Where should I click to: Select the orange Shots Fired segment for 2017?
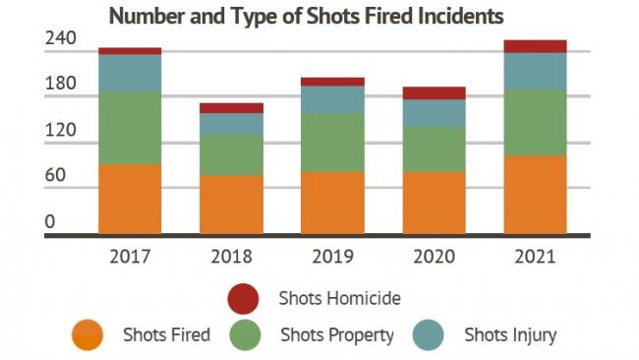tap(130, 199)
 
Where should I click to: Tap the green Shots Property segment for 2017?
tap(130, 128)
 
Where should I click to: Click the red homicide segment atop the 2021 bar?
tap(535, 46)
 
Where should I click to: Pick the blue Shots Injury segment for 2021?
tap(535, 71)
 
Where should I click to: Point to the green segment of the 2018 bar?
tap(231, 154)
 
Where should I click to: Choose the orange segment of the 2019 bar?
tap(332, 203)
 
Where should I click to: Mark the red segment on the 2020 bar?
tap(434, 93)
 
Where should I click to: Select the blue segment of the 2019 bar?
tap(332, 99)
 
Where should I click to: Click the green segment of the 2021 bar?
tap(535, 123)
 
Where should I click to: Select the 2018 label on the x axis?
tap(231, 258)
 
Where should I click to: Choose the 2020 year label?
tap(434, 258)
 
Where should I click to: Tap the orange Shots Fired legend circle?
tap(87, 335)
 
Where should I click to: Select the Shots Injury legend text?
tap(510, 335)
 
